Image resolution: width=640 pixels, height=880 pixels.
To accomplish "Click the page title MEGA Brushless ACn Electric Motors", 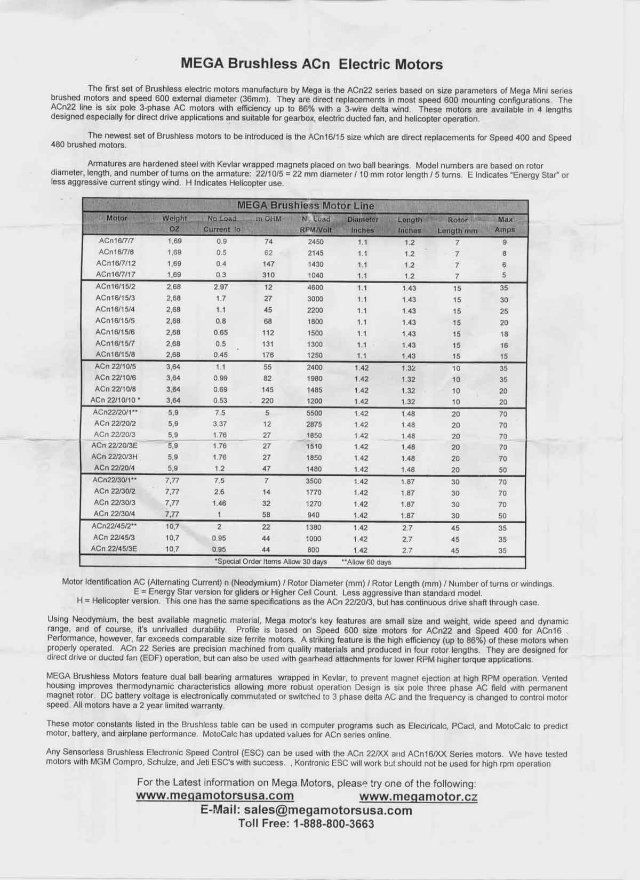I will [x=312, y=65].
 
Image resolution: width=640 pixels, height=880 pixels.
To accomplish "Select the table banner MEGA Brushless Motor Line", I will [x=305, y=205].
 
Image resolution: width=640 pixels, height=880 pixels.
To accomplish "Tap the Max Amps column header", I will [x=505, y=225].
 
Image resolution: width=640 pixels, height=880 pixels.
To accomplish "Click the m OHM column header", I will [x=268, y=219].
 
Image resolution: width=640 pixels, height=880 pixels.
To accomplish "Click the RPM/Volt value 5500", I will [x=314, y=413].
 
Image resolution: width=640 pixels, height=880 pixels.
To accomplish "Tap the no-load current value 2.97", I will [x=221, y=287].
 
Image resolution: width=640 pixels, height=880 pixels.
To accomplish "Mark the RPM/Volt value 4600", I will [x=315, y=287].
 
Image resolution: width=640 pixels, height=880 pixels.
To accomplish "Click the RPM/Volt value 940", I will [x=314, y=514].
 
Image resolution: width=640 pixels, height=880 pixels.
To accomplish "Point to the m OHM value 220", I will [x=267, y=401].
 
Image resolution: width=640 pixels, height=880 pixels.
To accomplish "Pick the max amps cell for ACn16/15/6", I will [x=503, y=334].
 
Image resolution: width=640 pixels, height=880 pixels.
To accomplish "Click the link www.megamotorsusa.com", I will [x=215, y=796].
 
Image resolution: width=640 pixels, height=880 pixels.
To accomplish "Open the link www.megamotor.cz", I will [x=418, y=797].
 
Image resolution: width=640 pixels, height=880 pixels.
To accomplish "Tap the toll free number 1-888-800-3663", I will [x=333, y=823].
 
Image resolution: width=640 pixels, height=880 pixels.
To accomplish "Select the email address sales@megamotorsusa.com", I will [x=328, y=810].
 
